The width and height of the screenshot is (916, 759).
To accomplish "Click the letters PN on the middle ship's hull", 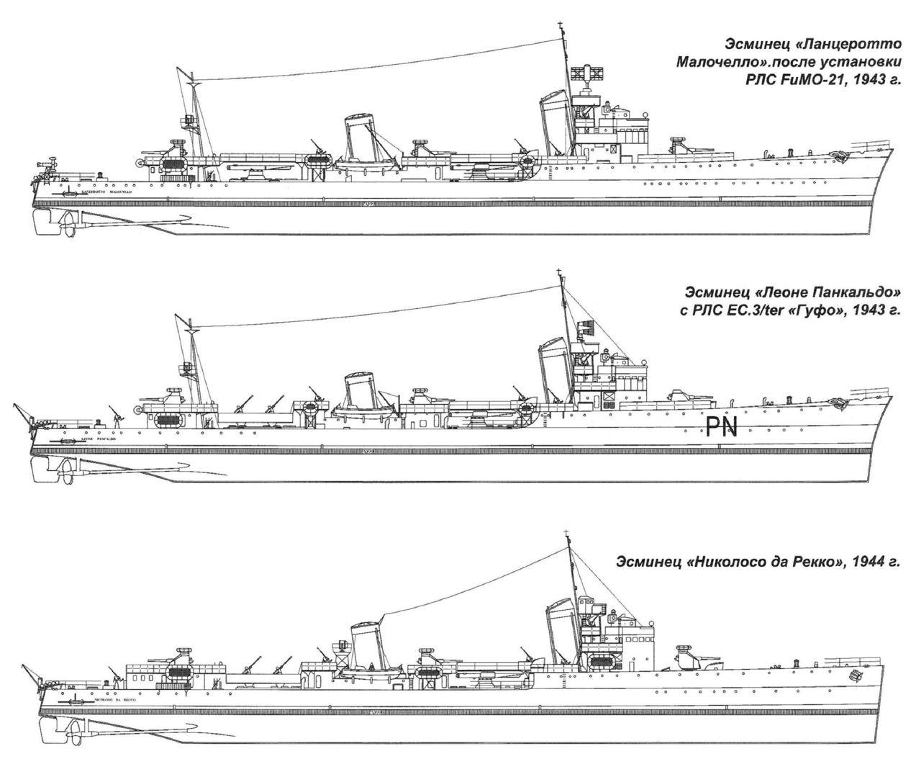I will (721, 429).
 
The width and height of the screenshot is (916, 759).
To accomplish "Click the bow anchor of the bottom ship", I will (856, 676).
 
